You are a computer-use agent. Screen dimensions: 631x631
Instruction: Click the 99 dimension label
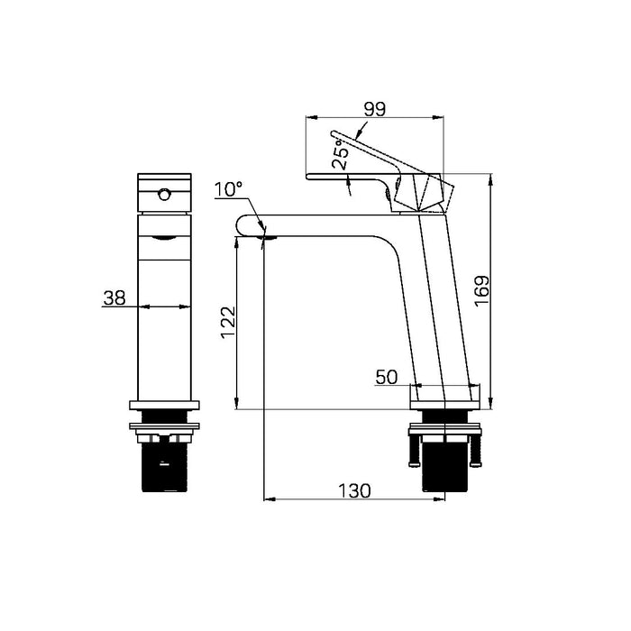click(374, 108)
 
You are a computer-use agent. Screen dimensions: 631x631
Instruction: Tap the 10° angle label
click(228, 189)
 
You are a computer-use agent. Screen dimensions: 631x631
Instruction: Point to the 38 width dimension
click(114, 298)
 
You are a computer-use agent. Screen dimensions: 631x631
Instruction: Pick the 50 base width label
click(387, 378)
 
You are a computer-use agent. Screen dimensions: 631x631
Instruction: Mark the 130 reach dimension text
click(354, 490)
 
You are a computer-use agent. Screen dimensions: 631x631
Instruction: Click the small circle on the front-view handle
click(164, 194)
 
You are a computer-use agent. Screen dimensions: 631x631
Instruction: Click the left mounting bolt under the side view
click(415, 448)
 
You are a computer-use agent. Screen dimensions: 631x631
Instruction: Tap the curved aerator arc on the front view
click(163, 237)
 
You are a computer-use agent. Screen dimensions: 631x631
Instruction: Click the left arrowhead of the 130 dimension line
click(267, 498)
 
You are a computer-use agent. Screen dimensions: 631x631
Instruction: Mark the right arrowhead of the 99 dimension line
click(442, 117)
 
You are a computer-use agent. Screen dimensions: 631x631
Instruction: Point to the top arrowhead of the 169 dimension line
click(489, 179)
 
